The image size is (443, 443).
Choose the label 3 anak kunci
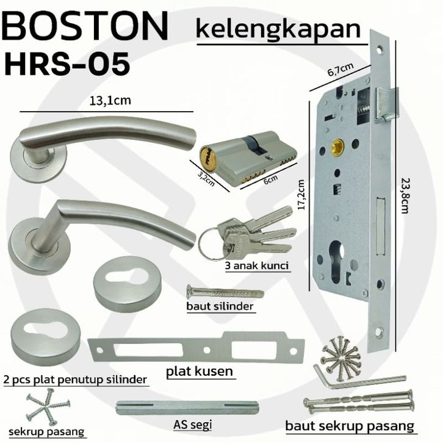257,265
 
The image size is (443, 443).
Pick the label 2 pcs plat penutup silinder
75,380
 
